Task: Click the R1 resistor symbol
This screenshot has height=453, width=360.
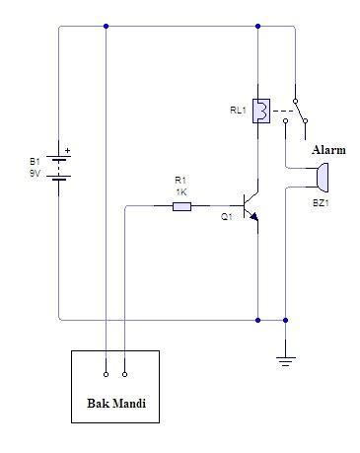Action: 181,206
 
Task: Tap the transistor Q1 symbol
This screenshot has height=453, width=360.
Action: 251,206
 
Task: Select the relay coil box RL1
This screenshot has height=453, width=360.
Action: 261,111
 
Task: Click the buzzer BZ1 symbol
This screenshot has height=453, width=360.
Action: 322,178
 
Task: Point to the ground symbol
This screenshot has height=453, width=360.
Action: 286,361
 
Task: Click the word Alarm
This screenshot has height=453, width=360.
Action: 328,150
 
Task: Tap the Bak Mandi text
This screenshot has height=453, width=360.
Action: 116,404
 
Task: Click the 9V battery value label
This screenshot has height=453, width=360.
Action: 35,173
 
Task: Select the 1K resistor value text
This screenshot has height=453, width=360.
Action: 181,192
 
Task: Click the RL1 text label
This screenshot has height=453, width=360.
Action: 238,111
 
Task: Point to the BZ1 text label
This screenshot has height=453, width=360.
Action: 321,203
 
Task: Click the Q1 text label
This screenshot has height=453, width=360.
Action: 227,217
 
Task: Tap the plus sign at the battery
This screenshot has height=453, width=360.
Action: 67,151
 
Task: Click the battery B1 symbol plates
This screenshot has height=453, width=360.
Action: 59,169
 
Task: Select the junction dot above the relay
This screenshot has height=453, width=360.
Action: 257,26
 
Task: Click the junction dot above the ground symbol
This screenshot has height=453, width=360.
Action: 286,320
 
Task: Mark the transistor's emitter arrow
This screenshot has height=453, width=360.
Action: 253,216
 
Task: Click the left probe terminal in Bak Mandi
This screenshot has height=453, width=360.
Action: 106,374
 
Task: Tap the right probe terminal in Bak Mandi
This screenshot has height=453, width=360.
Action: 124,374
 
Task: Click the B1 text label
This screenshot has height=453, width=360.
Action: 35,162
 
